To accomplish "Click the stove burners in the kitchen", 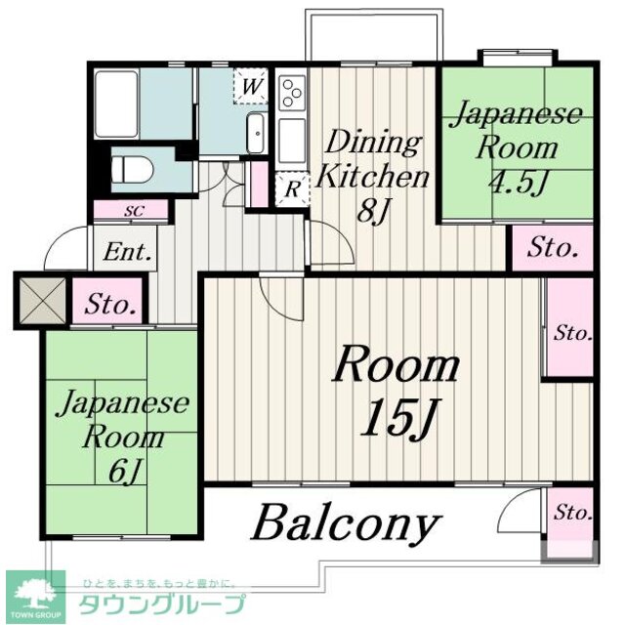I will (x=291, y=94).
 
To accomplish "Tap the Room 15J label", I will (x=396, y=390).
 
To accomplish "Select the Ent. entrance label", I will (x=127, y=254).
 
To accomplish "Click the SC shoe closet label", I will (x=132, y=209).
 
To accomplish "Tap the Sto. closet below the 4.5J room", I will (x=552, y=249).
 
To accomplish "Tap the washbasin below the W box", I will (x=257, y=131).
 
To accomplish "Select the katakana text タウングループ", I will (x=162, y=603).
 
